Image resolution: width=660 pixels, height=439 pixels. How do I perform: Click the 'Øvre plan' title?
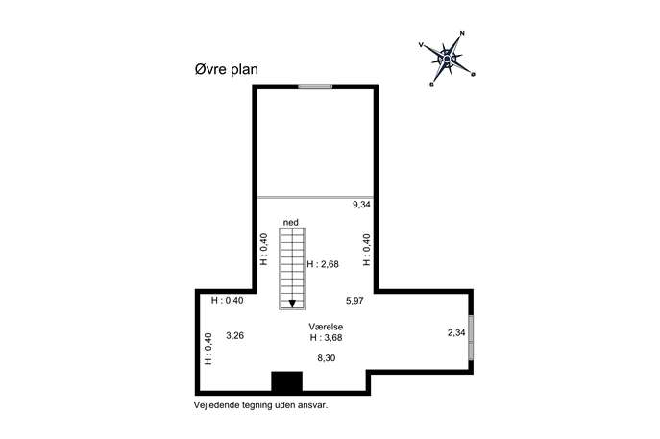[x=226, y=69]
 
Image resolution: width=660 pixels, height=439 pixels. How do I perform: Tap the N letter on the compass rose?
[x=462, y=33]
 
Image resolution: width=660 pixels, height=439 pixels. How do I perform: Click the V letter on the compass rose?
[x=421, y=44]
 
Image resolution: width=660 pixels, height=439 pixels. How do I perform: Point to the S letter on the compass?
[x=431, y=85]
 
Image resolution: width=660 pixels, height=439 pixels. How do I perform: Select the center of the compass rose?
[x=447, y=59]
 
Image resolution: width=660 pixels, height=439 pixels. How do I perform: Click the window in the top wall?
[x=315, y=86]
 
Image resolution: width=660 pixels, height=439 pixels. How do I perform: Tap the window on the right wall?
[x=471, y=337]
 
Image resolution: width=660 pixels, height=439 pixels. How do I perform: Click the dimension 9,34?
[x=361, y=205]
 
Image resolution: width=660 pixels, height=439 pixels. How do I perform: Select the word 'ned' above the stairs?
[x=291, y=222]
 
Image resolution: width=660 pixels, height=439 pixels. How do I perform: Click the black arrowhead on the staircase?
[x=292, y=304]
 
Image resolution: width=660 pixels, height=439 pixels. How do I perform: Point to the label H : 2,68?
[x=323, y=264]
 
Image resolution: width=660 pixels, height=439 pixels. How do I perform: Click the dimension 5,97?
[x=354, y=301]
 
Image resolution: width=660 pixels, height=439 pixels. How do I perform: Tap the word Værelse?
[x=326, y=327]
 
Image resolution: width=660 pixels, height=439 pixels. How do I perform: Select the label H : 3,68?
[x=326, y=337]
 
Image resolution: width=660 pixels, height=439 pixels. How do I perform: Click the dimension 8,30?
[x=327, y=358]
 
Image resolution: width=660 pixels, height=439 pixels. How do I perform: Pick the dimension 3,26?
[x=234, y=336]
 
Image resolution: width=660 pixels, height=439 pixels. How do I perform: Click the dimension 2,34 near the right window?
[x=456, y=333]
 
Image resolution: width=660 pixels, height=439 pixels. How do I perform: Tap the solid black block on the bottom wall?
[x=286, y=381]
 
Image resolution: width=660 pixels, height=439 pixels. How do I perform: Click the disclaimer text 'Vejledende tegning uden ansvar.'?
[x=260, y=405]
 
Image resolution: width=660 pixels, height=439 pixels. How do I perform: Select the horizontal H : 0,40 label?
[x=228, y=301]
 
